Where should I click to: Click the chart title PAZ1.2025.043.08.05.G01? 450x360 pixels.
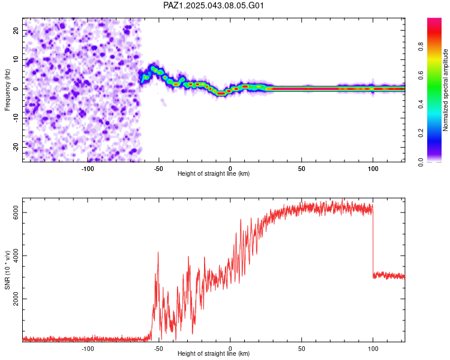[x=213, y=5]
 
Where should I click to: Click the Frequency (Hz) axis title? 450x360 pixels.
[x=7, y=90]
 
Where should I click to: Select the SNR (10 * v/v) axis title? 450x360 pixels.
[x=7, y=270]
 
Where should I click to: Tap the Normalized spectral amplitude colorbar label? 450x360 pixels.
[x=445, y=90]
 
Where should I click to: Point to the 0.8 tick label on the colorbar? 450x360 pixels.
[x=421, y=46]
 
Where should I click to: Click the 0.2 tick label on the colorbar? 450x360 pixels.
[x=421, y=133]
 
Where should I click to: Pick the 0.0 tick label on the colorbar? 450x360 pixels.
[x=421, y=162]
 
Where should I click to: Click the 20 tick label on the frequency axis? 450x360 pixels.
[x=16, y=31]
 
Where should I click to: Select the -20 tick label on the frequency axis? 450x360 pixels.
[x=16, y=147]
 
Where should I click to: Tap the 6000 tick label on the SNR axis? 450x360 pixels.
[x=16, y=212]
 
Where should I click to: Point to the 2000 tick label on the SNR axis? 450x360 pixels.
[x=16, y=299]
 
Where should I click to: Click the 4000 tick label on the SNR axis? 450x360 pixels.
[x=16, y=256]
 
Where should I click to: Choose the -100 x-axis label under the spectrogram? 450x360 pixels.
[x=88, y=169]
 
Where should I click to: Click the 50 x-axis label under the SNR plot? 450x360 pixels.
[x=301, y=349]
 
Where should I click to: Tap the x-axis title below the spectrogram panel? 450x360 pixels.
[x=214, y=173]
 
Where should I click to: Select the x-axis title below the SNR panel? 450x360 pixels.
[x=214, y=353]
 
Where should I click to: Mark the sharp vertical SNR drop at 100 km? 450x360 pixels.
[x=373, y=241]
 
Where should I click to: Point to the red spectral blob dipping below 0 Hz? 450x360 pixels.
[x=221, y=94]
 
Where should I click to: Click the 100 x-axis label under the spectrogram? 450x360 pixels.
[x=373, y=169]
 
